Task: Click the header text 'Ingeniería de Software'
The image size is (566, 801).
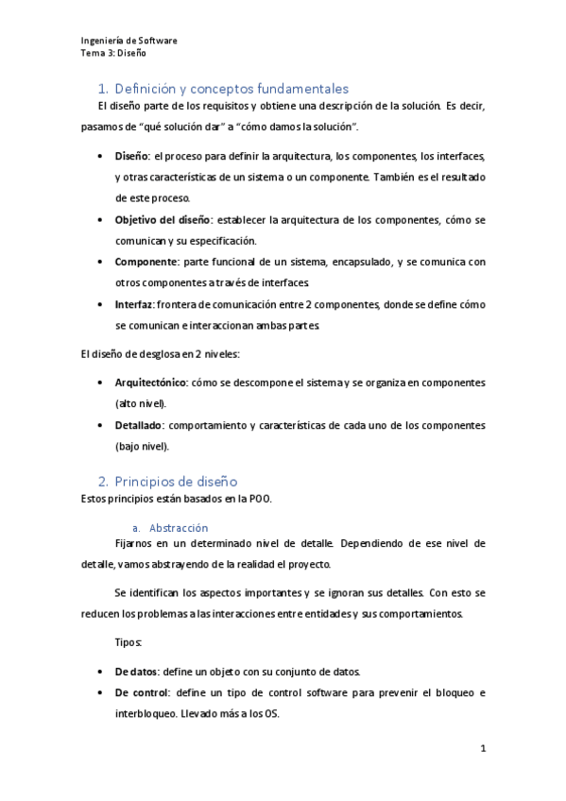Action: pos(129,42)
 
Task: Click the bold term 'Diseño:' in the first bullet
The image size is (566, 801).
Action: pos(132,155)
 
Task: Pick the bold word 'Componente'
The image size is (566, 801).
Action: pos(146,261)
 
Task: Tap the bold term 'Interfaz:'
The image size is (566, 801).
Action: pos(135,304)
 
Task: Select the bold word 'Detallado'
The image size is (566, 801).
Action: pos(141,425)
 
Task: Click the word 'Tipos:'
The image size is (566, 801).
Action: pos(129,642)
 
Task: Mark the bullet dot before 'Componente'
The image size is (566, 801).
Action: pos(101,262)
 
